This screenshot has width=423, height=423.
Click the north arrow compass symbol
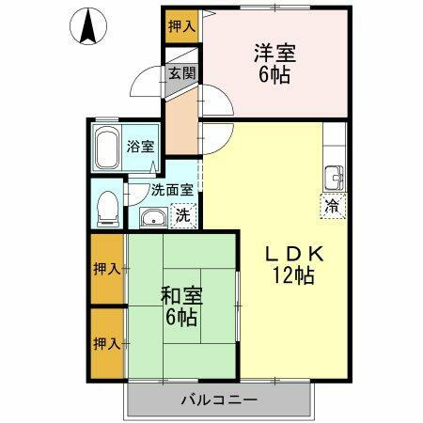87,27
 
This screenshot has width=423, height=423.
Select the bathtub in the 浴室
108,148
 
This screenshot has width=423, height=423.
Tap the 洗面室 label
172,188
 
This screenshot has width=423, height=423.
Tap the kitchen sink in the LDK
334,178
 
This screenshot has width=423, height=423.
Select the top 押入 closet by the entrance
182,25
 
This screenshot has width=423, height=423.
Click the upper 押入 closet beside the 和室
108,270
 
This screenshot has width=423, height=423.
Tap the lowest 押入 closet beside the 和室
108,342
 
